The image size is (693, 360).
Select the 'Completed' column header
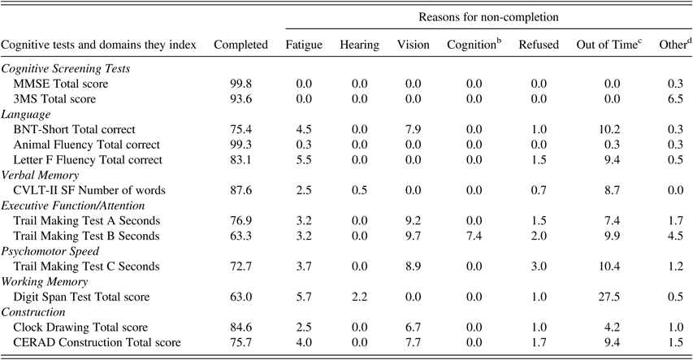[240, 44]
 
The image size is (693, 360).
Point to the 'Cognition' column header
[474, 44]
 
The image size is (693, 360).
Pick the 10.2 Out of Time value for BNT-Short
[602, 129]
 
